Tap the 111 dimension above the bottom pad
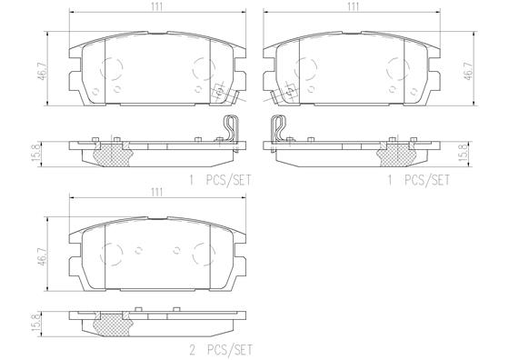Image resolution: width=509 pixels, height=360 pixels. [x=156, y=193]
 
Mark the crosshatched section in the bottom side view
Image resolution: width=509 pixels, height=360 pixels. [x=112, y=324]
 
